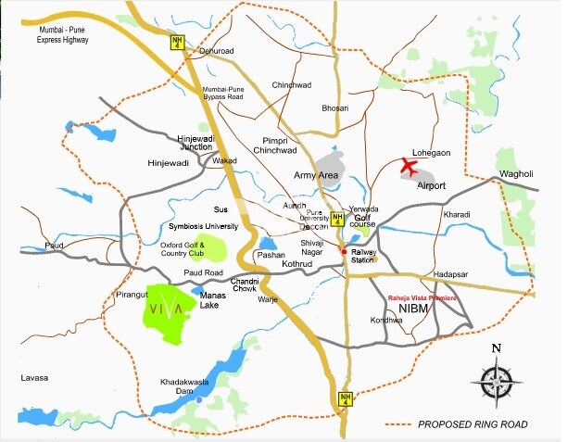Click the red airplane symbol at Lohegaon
tap(409, 167)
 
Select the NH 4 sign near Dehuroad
tap(176, 42)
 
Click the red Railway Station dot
tap(344, 251)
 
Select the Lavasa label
tap(32, 378)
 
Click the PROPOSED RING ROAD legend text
tap(473, 424)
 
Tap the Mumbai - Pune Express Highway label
tap(63, 35)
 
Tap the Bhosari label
tap(335, 108)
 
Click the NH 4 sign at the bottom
tap(345, 398)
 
